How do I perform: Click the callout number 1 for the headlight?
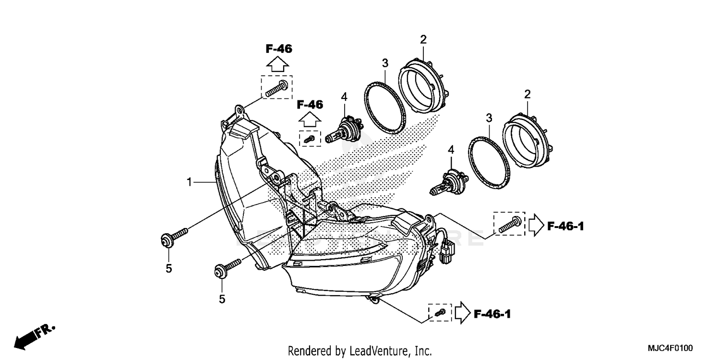coord(190,182)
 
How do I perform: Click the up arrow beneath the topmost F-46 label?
coord(277,63)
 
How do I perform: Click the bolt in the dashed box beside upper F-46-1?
coord(509,224)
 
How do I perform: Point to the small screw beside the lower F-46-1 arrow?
coord(440,313)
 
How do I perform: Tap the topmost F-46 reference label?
coord(278,48)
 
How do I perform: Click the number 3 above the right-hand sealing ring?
coord(489,118)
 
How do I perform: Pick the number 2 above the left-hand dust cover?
coord(423,39)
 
